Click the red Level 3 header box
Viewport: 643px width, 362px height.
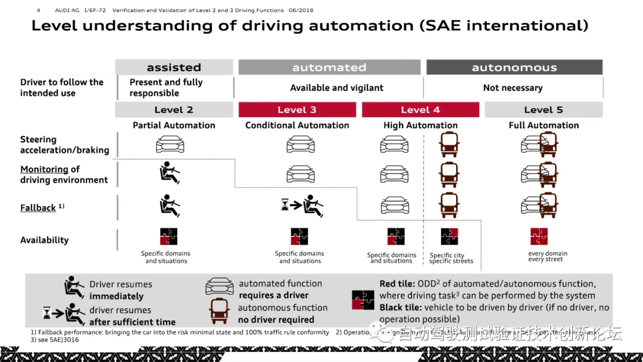pos(297,110)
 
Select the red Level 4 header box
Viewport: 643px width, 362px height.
pos(420,110)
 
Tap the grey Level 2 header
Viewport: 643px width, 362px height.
pos(174,110)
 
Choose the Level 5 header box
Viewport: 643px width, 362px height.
pos(543,110)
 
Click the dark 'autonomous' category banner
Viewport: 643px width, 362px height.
pos(514,67)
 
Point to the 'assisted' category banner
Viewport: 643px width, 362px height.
pos(174,67)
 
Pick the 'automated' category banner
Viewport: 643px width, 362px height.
pos(329,67)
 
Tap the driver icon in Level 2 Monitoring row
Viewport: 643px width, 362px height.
pos(170,173)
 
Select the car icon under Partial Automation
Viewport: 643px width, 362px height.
pos(170,144)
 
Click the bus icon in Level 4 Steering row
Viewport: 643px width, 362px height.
pos(449,144)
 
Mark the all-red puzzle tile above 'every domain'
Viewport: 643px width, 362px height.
pos(539,236)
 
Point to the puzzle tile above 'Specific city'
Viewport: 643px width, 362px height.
pos(450,236)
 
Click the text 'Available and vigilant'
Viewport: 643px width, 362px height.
pos(336,88)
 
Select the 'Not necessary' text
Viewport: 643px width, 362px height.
pos(513,88)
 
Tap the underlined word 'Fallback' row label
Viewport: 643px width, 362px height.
pos(38,208)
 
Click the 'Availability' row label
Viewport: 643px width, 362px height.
pos(45,240)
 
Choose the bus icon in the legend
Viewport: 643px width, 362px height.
pos(219,311)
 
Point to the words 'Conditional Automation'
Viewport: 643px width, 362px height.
pos(297,125)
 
